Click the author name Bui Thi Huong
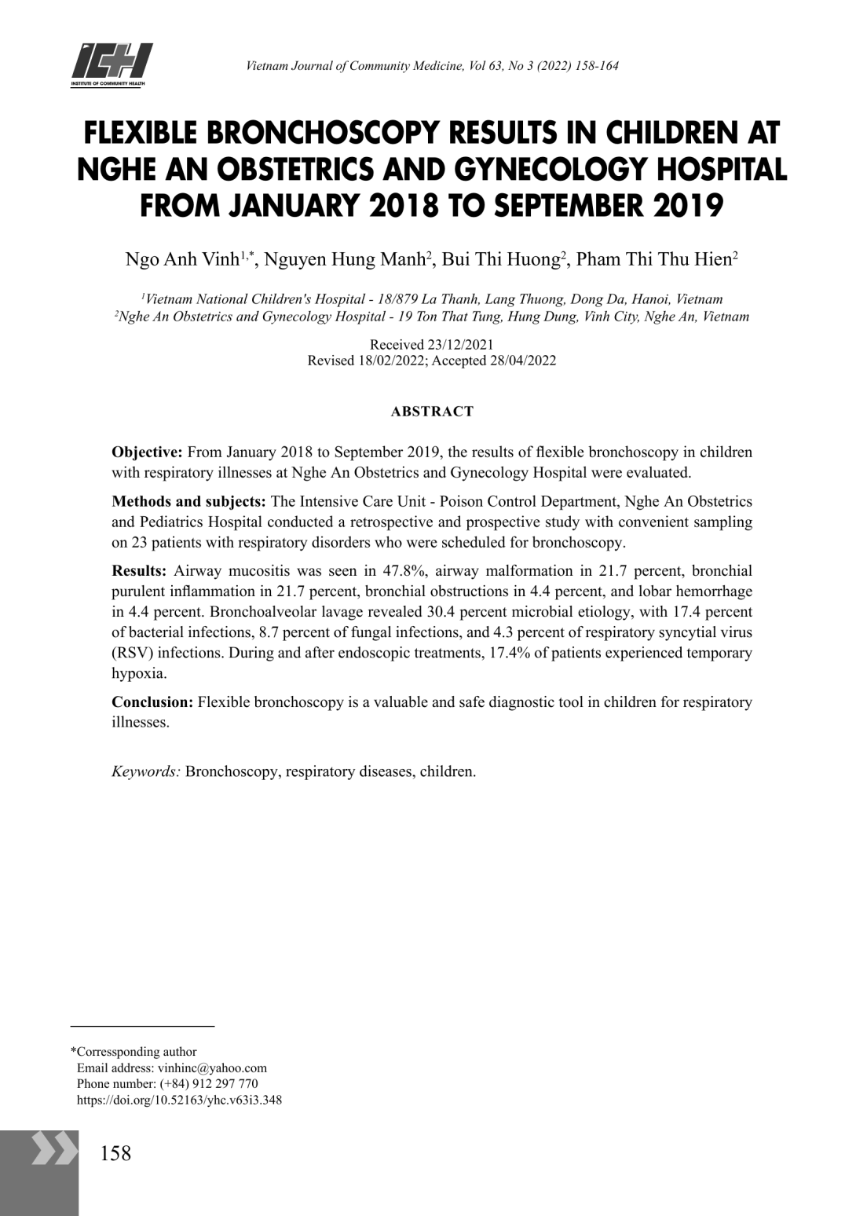499,260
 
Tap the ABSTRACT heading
432,412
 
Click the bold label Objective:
147,452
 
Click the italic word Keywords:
146,771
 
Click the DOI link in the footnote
179,1100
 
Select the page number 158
116,1153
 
